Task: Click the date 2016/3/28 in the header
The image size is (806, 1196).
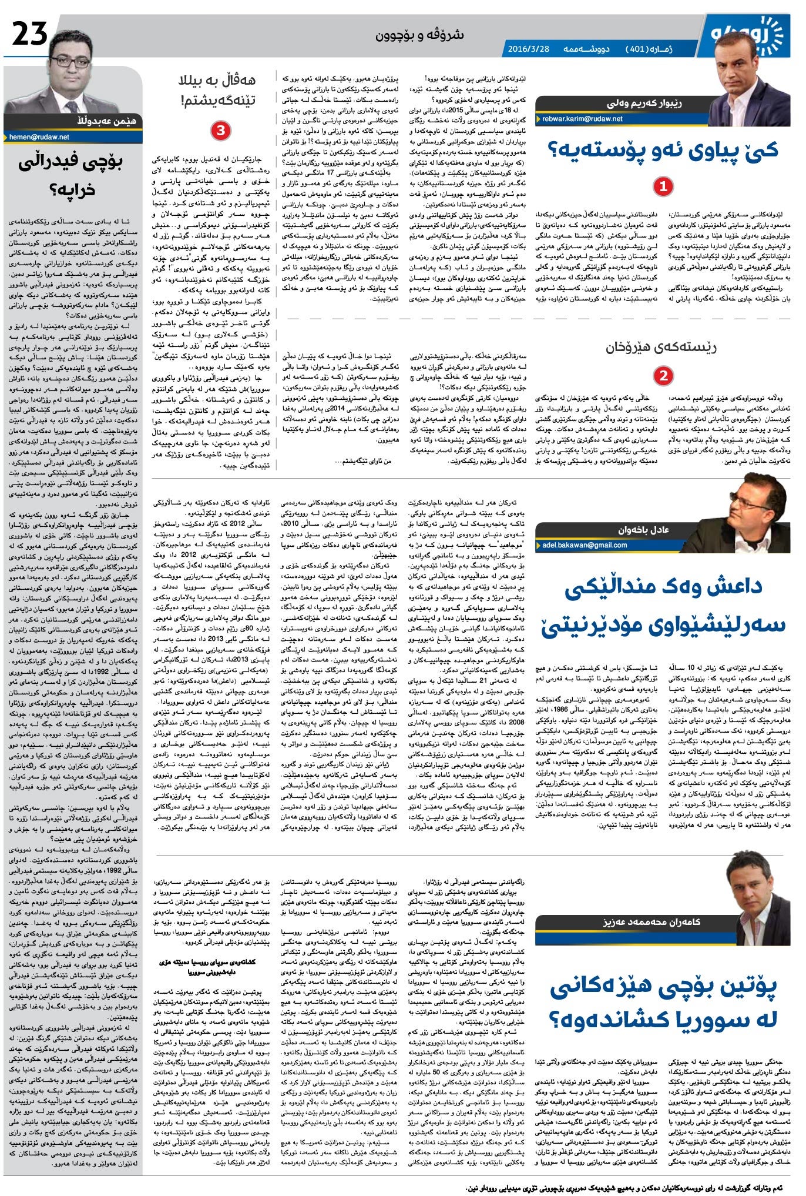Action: pos(528,48)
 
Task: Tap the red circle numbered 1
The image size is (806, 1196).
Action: pos(663,187)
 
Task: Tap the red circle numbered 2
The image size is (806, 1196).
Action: pos(663,375)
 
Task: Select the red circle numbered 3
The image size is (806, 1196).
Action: pos(220,130)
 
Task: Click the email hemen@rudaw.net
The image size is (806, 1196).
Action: pos(39,136)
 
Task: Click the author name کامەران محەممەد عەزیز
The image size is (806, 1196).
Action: pos(651,921)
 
